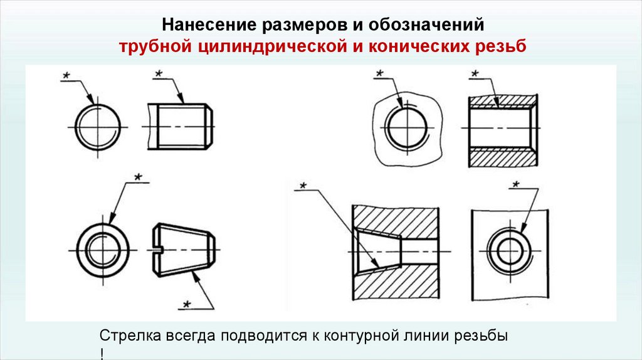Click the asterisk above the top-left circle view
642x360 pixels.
66,76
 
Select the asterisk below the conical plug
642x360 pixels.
186,304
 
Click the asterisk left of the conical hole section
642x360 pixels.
302,186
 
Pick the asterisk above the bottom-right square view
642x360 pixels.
515,184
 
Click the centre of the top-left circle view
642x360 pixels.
97,127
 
